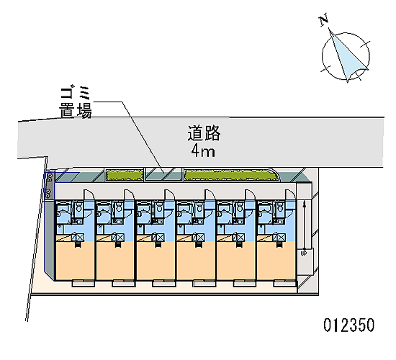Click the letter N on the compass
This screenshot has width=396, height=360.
324,20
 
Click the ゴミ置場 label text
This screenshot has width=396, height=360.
76,102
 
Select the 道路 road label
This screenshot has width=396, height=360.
204,132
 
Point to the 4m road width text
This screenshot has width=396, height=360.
203,152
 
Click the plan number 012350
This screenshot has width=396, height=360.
349,325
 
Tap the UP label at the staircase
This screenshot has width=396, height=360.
304,253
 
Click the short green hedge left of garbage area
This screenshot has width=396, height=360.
125,175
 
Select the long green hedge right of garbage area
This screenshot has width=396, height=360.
231,175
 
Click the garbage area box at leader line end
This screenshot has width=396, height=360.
163,174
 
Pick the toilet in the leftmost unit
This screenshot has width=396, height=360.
78,208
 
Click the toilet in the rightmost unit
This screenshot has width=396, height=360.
280,208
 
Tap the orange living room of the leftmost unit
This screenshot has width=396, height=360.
75,261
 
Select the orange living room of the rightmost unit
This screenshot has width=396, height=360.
276,261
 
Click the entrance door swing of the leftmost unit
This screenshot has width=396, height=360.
89,195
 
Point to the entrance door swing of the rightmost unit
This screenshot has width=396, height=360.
291,195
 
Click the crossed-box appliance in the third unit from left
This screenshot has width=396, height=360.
158,237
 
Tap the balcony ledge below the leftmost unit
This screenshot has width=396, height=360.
84,284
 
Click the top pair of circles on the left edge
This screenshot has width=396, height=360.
50,177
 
